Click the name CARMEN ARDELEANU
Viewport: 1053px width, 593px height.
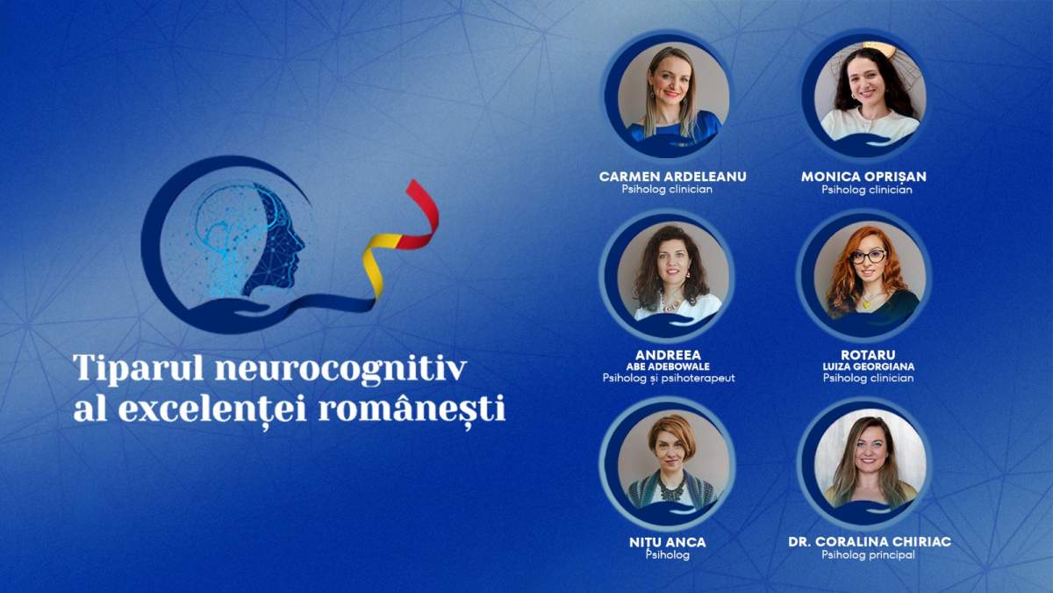point(672,176)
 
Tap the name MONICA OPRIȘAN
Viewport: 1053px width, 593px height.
point(863,176)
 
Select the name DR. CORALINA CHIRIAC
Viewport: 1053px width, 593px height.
point(870,541)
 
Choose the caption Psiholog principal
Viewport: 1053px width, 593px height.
point(868,555)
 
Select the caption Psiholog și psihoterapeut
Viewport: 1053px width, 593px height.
point(669,379)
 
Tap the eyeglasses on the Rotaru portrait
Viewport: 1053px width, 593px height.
point(868,257)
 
